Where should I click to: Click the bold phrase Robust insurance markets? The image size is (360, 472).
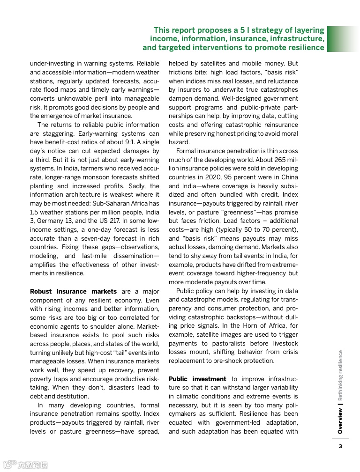point(73,291)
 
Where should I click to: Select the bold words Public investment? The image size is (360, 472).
point(197,379)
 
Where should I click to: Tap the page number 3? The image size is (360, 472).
point(340,446)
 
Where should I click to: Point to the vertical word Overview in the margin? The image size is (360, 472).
point(340,421)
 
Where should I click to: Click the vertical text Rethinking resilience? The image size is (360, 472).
point(340,376)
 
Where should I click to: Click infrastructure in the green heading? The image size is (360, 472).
point(291,38)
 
